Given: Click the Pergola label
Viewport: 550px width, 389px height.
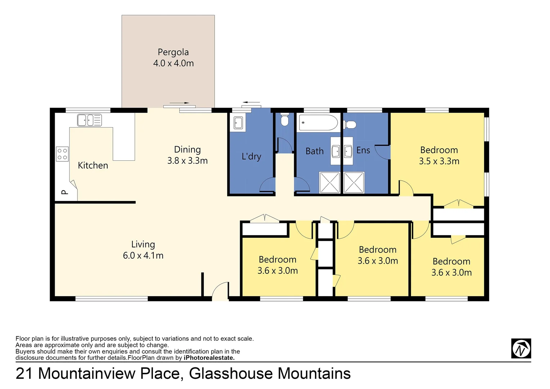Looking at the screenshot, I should [x=173, y=52].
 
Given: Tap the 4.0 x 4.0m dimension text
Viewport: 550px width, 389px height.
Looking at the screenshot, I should [x=173, y=63].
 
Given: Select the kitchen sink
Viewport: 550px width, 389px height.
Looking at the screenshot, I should [x=89, y=120].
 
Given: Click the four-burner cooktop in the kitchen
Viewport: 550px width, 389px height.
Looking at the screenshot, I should [x=62, y=154].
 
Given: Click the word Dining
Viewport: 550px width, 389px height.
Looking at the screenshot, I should [x=187, y=149].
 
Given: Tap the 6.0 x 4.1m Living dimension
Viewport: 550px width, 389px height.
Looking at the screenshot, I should [x=143, y=256].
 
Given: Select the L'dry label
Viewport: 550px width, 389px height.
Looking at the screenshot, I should [x=251, y=156].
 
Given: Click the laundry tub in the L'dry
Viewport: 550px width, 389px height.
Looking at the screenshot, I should [x=238, y=122].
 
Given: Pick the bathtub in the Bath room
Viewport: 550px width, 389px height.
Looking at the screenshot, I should [x=318, y=122].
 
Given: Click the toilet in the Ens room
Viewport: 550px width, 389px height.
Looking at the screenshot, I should [x=350, y=125].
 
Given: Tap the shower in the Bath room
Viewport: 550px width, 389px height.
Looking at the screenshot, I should [x=330, y=183].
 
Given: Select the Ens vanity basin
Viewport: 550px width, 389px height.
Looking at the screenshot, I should [x=348, y=151].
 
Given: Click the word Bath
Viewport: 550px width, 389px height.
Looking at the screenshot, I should [x=314, y=151].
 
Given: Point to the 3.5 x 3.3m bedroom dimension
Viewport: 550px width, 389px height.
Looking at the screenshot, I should [x=439, y=161].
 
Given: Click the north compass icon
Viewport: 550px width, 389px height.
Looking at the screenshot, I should [x=521, y=348].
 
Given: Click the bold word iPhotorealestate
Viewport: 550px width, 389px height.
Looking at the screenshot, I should [x=209, y=358].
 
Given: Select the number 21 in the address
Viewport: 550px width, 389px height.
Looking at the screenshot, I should [x=24, y=374].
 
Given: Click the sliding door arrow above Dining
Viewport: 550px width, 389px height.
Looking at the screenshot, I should [x=179, y=103].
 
